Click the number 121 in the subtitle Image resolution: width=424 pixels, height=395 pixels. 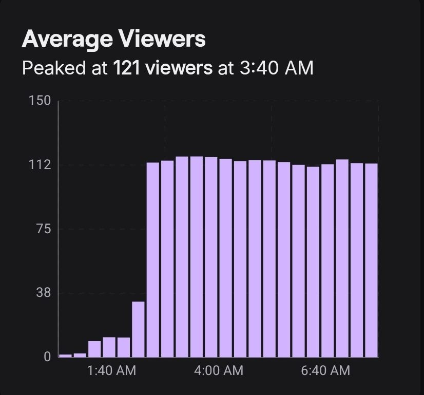point(126,67)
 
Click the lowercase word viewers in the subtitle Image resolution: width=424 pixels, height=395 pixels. point(179,67)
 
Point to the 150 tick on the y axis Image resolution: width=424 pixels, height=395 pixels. point(41,100)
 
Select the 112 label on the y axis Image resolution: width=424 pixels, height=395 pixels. point(41,165)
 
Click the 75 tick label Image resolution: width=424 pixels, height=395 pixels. point(44,229)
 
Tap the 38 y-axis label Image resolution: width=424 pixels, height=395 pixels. point(44,293)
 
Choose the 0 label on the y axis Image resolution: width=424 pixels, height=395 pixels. point(47,357)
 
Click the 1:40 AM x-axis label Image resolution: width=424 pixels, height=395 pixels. point(112,370)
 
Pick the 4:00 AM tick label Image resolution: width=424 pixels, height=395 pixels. point(219,370)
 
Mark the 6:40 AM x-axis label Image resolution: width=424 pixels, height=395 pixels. point(325,370)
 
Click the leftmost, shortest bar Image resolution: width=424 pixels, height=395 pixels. point(66,355)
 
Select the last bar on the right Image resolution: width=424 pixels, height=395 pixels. point(371,260)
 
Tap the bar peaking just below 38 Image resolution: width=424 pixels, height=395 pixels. point(138,329)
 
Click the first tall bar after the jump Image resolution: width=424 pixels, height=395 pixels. point(153,259)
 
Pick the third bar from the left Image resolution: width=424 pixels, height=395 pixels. point(94,349)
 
